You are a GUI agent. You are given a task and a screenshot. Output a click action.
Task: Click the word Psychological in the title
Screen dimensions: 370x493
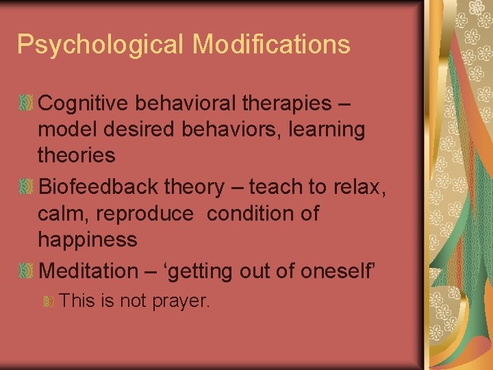point(101,45)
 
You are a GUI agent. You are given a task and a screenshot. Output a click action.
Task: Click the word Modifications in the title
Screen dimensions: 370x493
point(271,44)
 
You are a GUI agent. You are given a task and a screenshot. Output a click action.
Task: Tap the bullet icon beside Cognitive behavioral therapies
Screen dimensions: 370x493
point(26,103)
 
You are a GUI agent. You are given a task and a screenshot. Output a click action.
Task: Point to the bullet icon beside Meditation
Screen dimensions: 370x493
point(26,271)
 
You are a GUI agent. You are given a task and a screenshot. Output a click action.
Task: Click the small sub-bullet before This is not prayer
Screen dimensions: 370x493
point(49,301)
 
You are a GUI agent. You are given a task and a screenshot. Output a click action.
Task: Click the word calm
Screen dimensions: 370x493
point(64,213)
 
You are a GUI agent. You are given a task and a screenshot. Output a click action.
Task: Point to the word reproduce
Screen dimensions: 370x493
point(145,214)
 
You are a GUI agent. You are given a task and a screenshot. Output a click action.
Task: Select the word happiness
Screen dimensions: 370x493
point(88,240)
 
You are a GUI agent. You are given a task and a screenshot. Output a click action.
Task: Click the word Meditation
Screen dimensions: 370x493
point(89,271)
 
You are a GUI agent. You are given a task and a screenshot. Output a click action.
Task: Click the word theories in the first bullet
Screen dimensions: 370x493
point(77,156)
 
